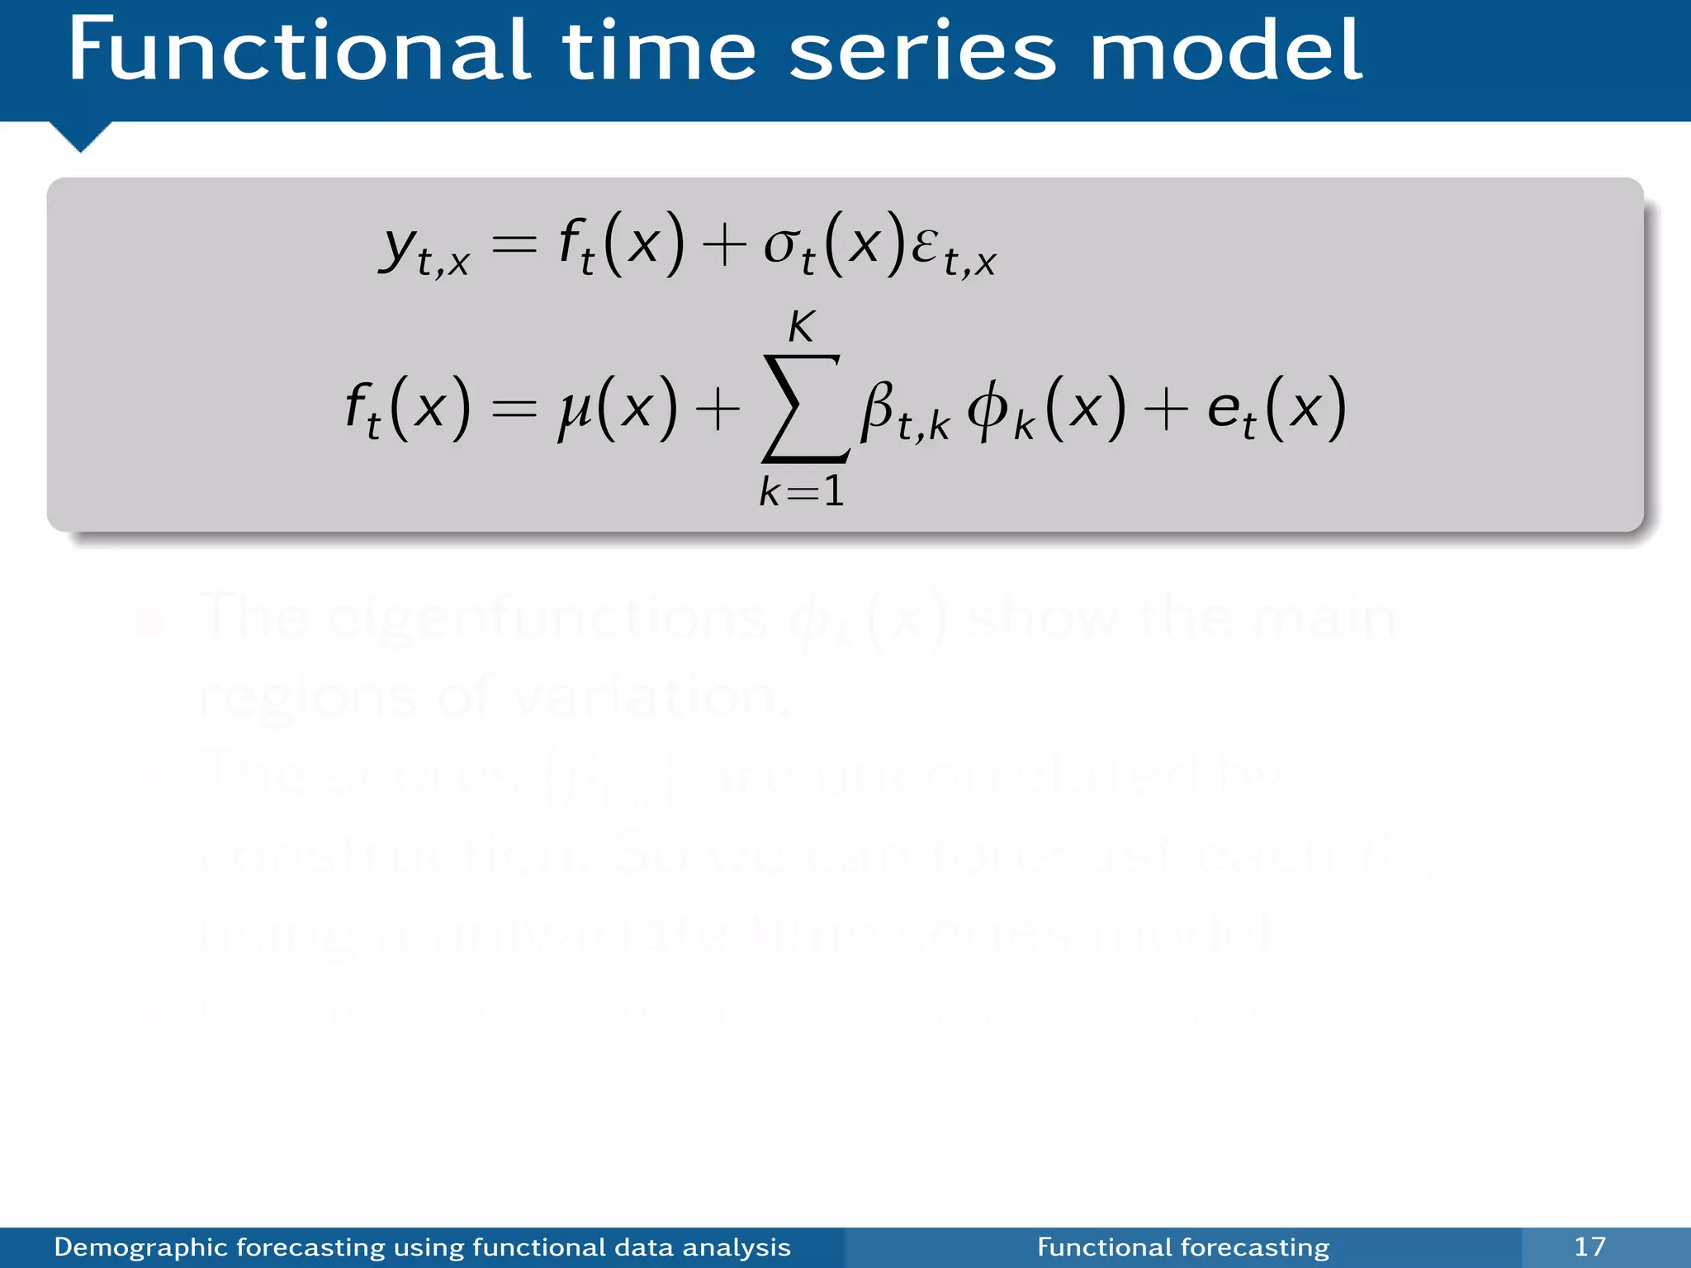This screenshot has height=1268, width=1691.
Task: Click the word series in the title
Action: pos(922,51)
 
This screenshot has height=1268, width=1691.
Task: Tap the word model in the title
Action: pos(1226,51)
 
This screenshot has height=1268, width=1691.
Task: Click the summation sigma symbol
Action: pos(803,409)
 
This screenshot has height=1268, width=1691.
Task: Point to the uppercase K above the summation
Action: pos(801,327)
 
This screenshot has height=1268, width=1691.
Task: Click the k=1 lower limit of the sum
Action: pos(802,492)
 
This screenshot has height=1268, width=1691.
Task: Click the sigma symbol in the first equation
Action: pos(780,245)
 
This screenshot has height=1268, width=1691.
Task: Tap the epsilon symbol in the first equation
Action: pos(925,245)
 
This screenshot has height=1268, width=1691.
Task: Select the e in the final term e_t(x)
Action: pos(1223,409)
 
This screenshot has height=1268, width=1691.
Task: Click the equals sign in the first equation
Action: pos(514,245)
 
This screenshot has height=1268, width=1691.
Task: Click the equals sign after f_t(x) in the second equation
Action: pos(514,409)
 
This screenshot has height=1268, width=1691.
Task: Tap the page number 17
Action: pos(1589,1247)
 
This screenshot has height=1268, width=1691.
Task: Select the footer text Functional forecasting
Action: pos(1183,1247)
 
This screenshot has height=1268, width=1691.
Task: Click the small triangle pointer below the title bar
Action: pos(80,135)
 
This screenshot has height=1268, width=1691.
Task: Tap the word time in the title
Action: pos(659,51)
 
